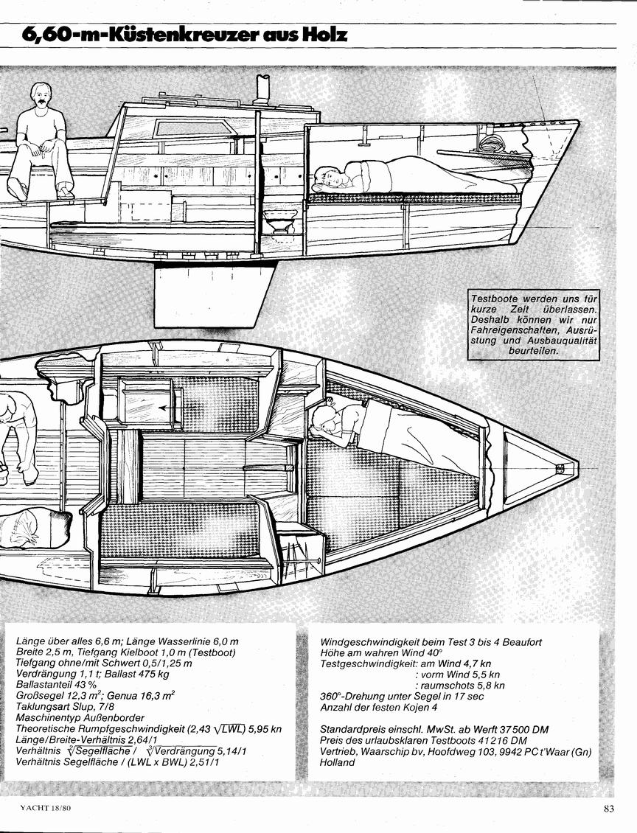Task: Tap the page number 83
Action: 608,809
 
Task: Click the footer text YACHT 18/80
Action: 45,809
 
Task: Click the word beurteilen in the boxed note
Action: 533,351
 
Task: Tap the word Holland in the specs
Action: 337,762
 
